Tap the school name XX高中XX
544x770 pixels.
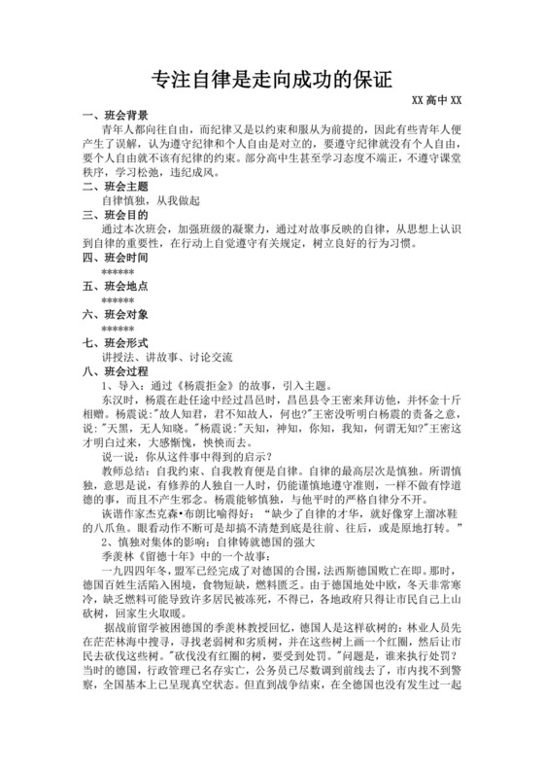435,100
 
